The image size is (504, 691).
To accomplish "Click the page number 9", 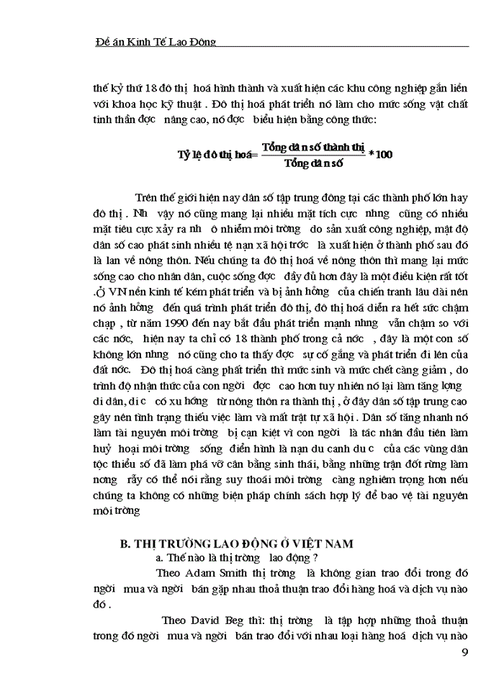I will (464, 654).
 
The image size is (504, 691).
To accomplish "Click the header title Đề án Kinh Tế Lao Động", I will (156, 42).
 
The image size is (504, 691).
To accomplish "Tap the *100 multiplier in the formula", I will (380, 154).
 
